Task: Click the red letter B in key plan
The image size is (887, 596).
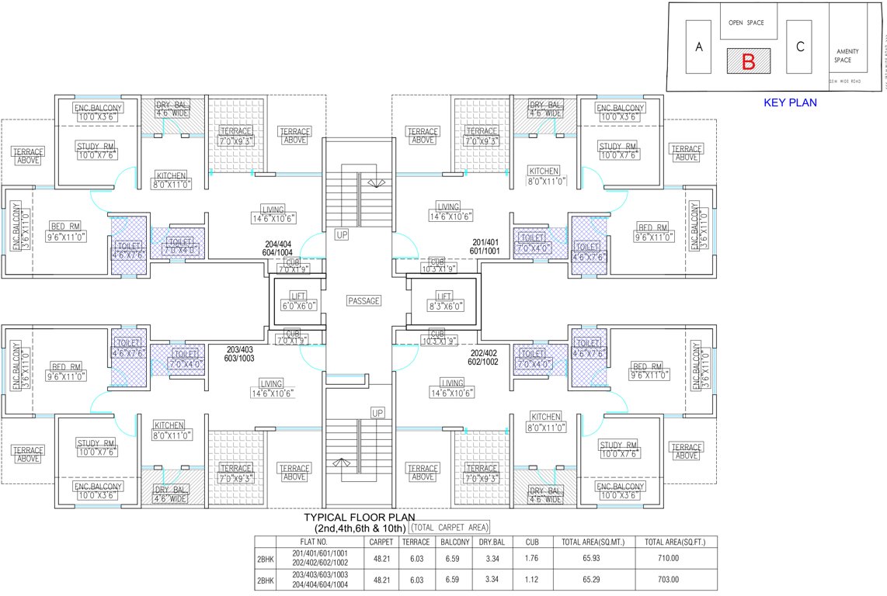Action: (x=748, y=61)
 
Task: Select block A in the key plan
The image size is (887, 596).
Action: (x=699, y=47)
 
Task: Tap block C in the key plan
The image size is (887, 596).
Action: (x=799, y=46)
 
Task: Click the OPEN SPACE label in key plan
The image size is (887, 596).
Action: (x=746, y=23)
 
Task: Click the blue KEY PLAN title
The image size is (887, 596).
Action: (x=791, y=102)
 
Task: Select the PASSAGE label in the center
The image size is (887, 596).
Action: (x=363, y=300)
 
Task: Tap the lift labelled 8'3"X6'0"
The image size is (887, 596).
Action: (x=443, y=301)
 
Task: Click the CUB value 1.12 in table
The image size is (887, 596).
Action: (x=532, y=579)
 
